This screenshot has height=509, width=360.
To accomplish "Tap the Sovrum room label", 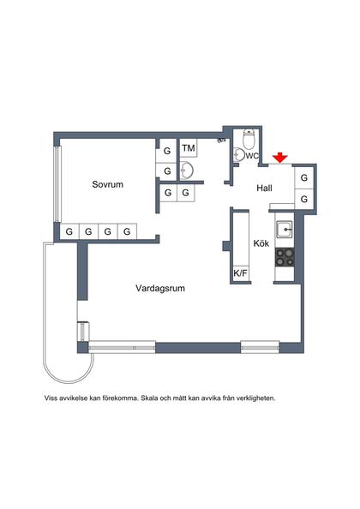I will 109,184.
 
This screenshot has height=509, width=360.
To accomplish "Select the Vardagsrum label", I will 160,289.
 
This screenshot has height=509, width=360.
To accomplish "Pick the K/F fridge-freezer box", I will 240,273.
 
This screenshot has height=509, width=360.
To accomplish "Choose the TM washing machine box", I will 188,150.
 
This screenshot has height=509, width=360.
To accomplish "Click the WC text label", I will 252,156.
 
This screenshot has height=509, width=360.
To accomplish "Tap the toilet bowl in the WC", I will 249,140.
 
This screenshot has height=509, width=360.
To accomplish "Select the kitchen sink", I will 285,230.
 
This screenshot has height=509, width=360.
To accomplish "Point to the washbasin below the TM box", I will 188,171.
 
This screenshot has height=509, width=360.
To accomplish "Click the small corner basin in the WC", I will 237,155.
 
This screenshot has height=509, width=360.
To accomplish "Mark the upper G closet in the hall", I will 303,179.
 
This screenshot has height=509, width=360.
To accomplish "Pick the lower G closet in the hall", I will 303,199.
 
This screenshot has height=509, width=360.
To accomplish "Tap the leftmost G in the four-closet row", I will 68,231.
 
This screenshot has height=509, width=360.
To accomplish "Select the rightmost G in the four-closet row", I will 126,231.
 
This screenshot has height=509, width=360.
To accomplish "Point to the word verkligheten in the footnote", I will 255,398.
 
